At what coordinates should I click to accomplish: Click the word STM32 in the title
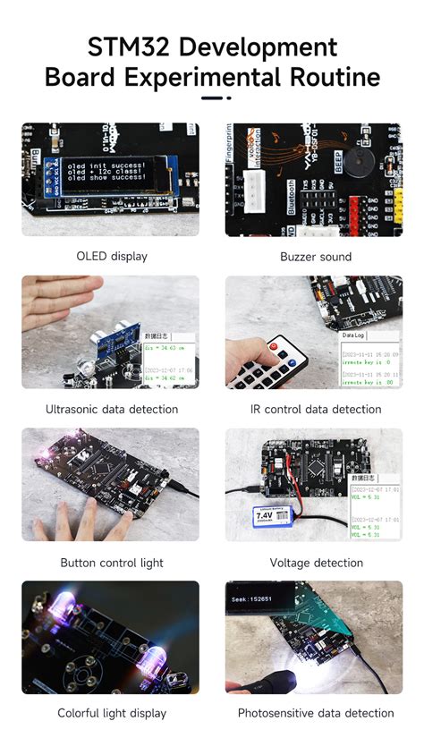pos(131,47)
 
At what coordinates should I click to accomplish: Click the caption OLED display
pos(112,257)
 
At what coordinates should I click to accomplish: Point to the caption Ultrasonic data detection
pos(112,410)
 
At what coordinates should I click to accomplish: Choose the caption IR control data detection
pos(316,410)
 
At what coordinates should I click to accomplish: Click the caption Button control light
pos(112,564)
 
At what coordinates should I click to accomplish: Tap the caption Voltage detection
pos(316,564)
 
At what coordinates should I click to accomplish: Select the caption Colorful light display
pos(112,714)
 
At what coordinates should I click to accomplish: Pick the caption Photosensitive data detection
pos(316,714)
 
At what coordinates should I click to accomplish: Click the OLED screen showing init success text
pos(112,170)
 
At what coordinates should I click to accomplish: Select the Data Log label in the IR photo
pos(354,335)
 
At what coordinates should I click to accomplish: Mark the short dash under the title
pos(212,98)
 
